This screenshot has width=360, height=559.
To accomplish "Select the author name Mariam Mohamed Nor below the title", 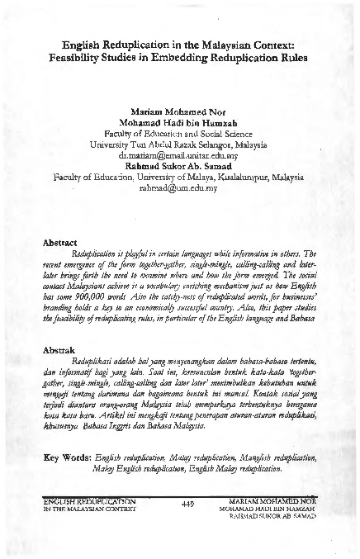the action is [x=179, y=111].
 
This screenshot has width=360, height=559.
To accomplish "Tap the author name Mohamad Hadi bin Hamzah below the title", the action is [x=179, y=121].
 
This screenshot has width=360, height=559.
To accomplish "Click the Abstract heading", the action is [x=59, y=243].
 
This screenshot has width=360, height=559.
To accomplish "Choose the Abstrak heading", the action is [x=58, y=349].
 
